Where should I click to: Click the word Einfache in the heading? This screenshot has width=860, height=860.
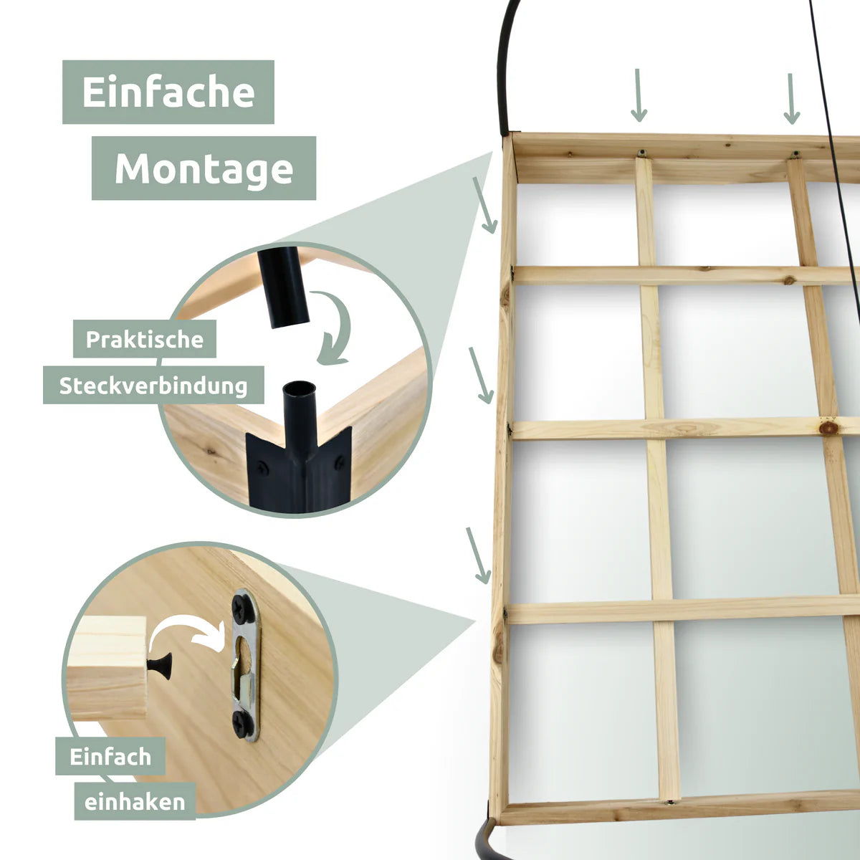coord(168,92)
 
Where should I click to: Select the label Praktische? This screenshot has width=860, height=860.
coord(145,339)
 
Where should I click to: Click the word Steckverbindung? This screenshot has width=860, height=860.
coord(153,386)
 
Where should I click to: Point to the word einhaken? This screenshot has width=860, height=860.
coord(135,802)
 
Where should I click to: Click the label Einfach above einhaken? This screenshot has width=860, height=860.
coord(110,757)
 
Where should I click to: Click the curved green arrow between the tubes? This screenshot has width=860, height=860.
coord(333,328)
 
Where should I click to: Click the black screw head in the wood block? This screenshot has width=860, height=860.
coord(161,666)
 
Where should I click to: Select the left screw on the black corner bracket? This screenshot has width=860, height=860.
coord(262,468)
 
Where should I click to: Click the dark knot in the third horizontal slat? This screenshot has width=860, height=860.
coord(828,427)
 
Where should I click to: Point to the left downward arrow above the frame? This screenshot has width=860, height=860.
coord(639,95)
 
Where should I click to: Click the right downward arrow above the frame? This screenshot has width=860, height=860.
coord(792,99)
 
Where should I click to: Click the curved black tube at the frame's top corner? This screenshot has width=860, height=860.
coord(507,67)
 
